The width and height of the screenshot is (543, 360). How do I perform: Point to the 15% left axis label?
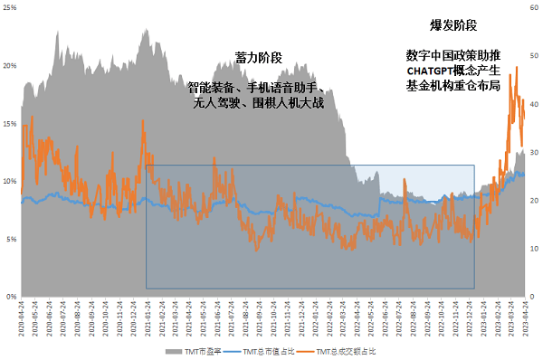pos(9,124)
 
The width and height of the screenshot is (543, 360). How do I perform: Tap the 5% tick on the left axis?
pos(11,239)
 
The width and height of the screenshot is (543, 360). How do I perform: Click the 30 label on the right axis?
pos(534,152)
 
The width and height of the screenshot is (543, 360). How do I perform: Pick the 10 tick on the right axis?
pos(534,249)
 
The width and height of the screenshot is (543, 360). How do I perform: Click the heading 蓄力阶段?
pos(258,58)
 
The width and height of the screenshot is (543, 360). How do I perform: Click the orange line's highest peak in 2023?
pos(517,67)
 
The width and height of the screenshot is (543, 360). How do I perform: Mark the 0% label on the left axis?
pos(11,297)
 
